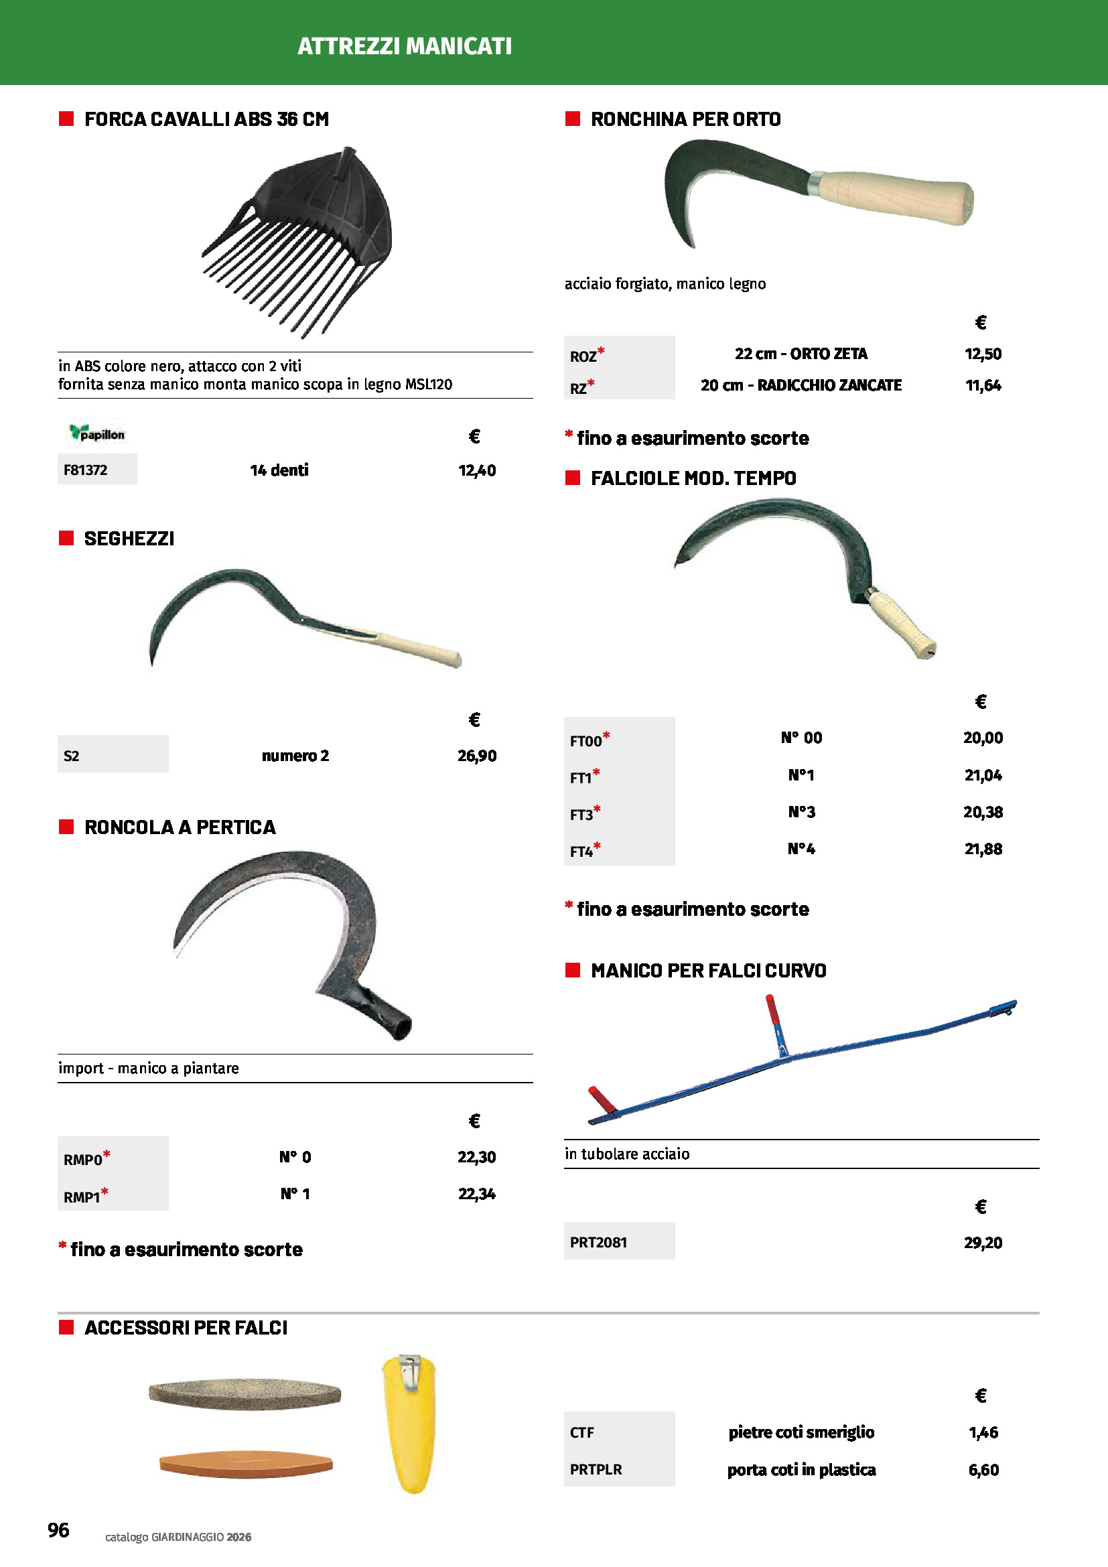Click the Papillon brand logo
point(97,433)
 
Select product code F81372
point(85,470)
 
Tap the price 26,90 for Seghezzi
point(477,756)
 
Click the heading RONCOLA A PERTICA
point(180,827)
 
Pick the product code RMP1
point(82,1197)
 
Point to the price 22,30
point(477,1157)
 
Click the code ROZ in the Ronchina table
point(584,356)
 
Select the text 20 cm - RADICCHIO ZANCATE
point(801,386)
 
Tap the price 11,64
point(983,386)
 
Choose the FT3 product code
point(582,814)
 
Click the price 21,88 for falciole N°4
point(983,849)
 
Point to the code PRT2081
point(598,1242)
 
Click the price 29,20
point(983,1242)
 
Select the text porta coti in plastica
point(801,1469)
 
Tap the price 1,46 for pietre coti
point(983,1432)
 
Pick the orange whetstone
point(246,1463)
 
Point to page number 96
point(59,1530)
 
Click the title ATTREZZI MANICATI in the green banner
point(405,46)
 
